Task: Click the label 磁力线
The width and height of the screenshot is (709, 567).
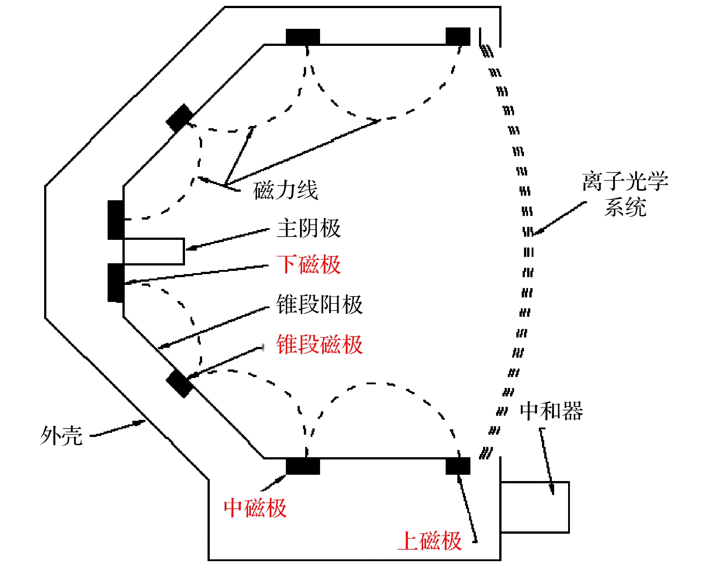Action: click(286, 190)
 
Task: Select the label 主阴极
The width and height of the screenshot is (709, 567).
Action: click(309, 228)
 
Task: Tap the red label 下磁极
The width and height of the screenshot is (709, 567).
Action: click(309, 265)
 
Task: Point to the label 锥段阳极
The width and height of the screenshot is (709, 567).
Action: click(319, 305)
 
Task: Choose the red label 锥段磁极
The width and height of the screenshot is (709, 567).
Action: click(319, 345)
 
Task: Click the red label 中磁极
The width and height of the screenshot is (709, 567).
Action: click(255, 508)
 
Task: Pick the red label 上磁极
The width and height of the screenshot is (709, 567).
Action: click(430, 540)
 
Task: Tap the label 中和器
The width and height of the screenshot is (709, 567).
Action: click(551, 411)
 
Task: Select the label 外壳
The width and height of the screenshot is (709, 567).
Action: click(62, 436)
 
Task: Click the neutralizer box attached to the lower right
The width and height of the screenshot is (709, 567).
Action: click(535, 507)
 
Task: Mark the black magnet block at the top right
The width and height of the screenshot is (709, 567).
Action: click(458, 36)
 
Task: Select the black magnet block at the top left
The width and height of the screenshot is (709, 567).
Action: click(303, 37)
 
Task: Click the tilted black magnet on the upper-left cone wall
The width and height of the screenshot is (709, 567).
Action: click(180, 118)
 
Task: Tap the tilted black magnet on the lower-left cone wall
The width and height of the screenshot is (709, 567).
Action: click(180, 383)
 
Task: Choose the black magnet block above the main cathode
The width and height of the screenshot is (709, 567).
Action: click(116, 220)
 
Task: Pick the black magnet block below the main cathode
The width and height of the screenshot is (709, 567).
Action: click(116, 283)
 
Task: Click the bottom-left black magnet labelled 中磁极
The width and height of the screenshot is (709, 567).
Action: click(303, 466)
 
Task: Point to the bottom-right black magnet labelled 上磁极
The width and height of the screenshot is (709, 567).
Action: click(458, 466)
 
